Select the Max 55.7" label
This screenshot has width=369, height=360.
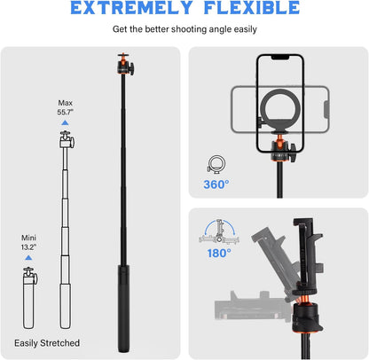coord(67,107)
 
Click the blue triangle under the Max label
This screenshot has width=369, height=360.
coord(66,123)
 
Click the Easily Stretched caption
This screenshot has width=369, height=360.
coord(46,342)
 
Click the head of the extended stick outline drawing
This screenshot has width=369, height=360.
coord(66,139)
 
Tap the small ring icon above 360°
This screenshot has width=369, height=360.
coord(216,163)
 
